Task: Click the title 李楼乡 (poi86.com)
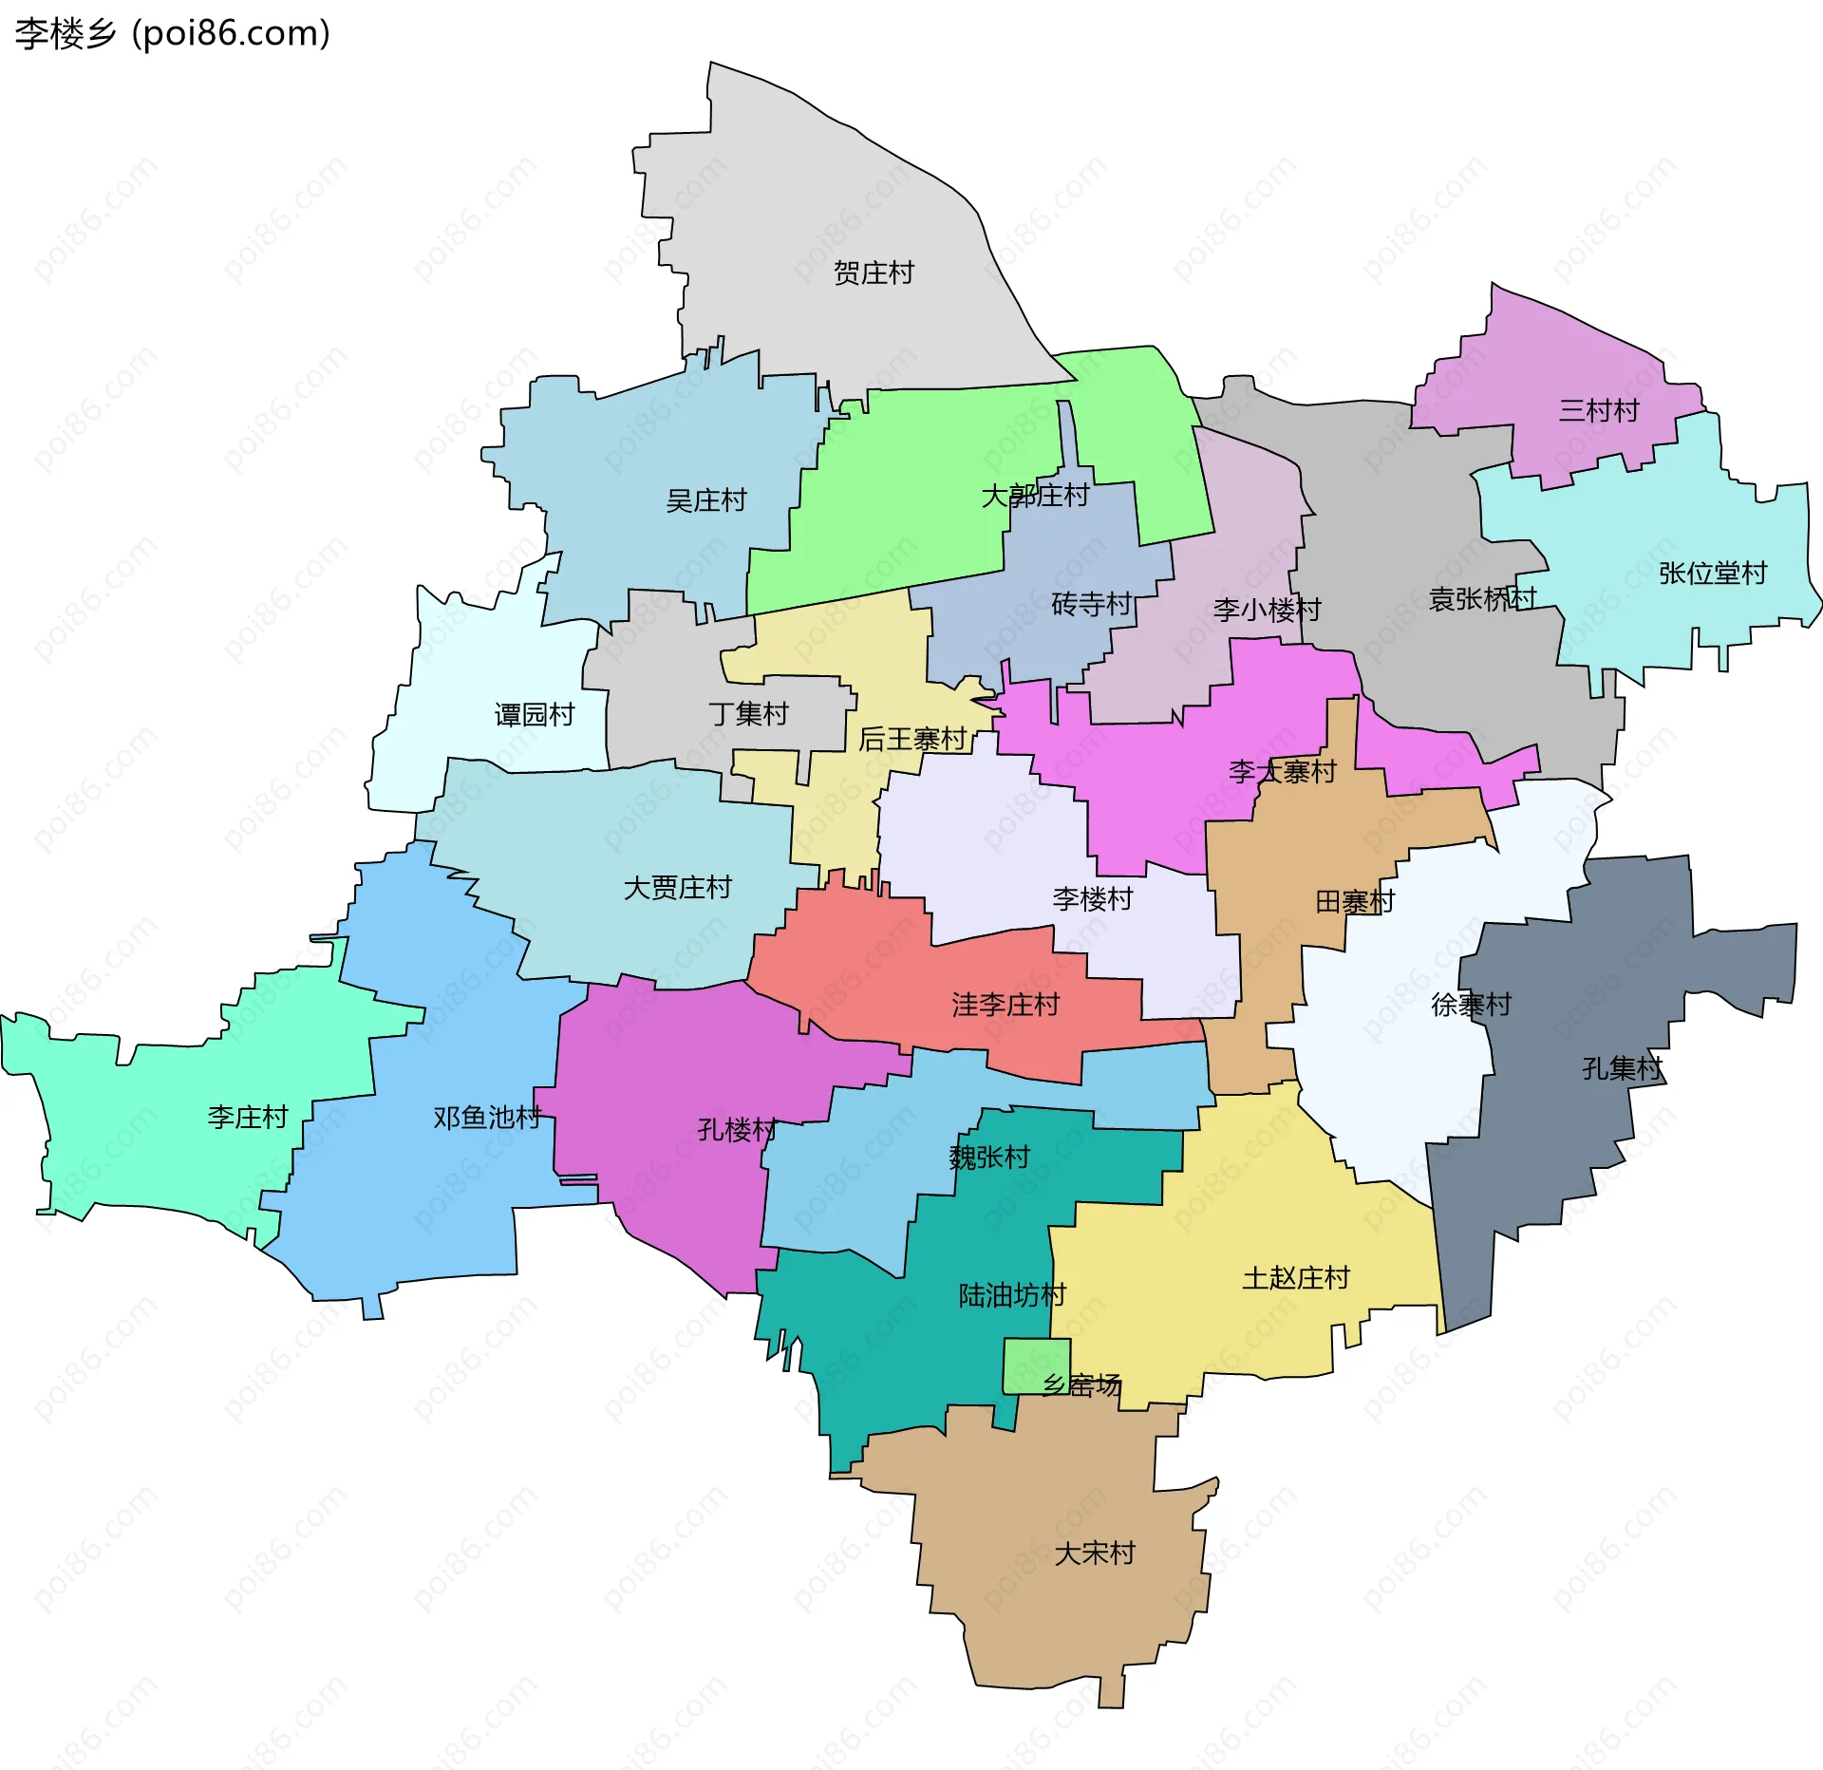point(172,34)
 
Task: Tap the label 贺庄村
point(873,273)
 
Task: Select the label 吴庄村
point(705,500)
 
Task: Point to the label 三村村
point(1598,411)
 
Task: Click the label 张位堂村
point(1712,574)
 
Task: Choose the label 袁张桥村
point(1481,599)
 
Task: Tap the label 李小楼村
point(1267,610)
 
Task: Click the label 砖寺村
point(1091,604)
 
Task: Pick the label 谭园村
point(534,714)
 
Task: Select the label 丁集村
point(748,713)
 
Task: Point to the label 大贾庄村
point(677,888)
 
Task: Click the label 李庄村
point(247,1117)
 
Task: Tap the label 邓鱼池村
point(486,1118)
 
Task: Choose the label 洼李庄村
point(1005,1005)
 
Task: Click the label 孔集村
point(1622,1068)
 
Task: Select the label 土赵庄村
point(1295,1278)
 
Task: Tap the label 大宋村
point(1094,1553)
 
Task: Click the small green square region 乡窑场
point(1036,1365)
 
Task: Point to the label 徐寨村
point(1471,1005)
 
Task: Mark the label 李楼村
point(1092,898)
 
